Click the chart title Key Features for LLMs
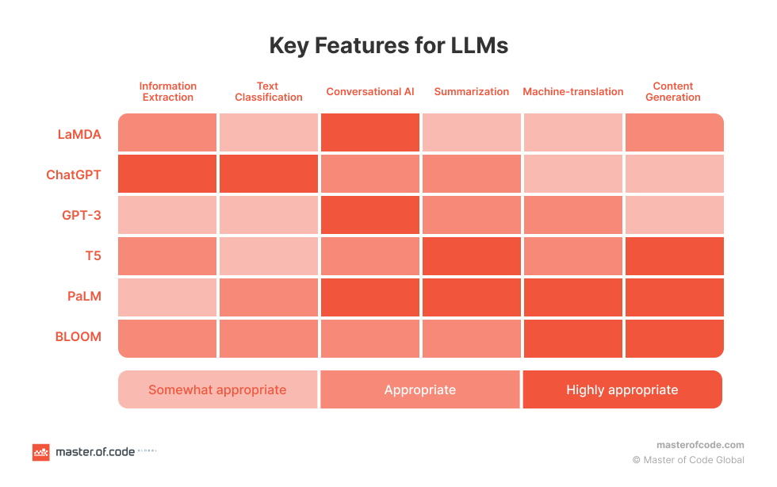[388, 46]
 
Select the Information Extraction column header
[167, 92]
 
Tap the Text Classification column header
[268, 92]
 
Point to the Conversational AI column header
[370, 92]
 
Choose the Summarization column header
[472, 92]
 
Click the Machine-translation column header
[572, 92]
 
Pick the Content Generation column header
[673, 92]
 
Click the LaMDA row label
[79, 134]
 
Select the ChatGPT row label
[74, 174]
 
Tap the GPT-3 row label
[81, 216]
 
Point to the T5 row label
[93, 256]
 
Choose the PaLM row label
[84, 297]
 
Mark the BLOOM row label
[78, 337]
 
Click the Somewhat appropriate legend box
[218, 389]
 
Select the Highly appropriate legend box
[622, 389]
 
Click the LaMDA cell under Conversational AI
[370, 132]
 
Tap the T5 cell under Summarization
[472, 256]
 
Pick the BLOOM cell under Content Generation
[674, 339]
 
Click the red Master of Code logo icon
[40, 452]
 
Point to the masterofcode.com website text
[700, 445]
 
